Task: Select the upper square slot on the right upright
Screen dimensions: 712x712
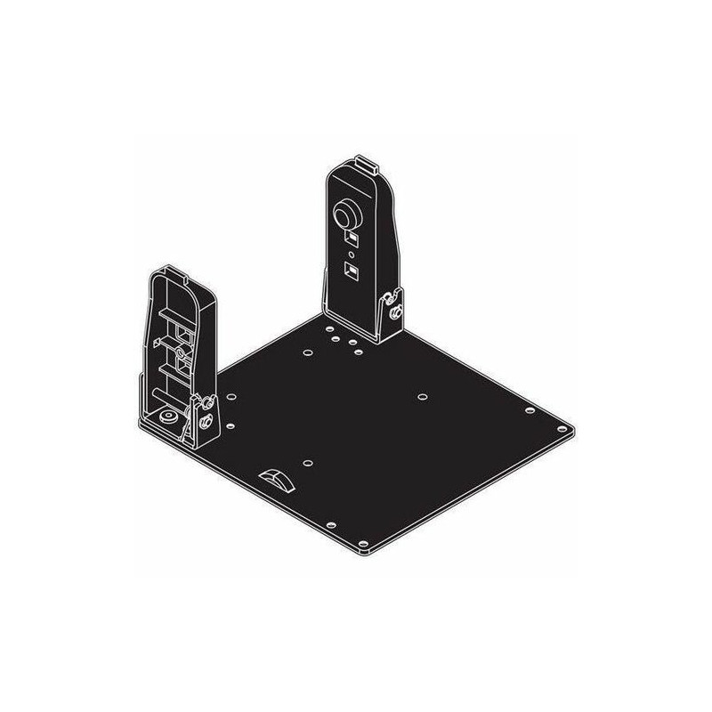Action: tap(352, 239)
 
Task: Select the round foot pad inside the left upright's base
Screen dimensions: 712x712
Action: tap(166, 417)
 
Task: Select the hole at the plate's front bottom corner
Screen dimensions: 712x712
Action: tap(362, 540)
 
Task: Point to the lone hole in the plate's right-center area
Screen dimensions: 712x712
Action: tap(423, 392)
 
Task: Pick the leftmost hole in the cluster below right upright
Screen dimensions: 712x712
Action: tap(305, 352)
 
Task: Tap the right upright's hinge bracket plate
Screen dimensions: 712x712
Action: tap(388, 316)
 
